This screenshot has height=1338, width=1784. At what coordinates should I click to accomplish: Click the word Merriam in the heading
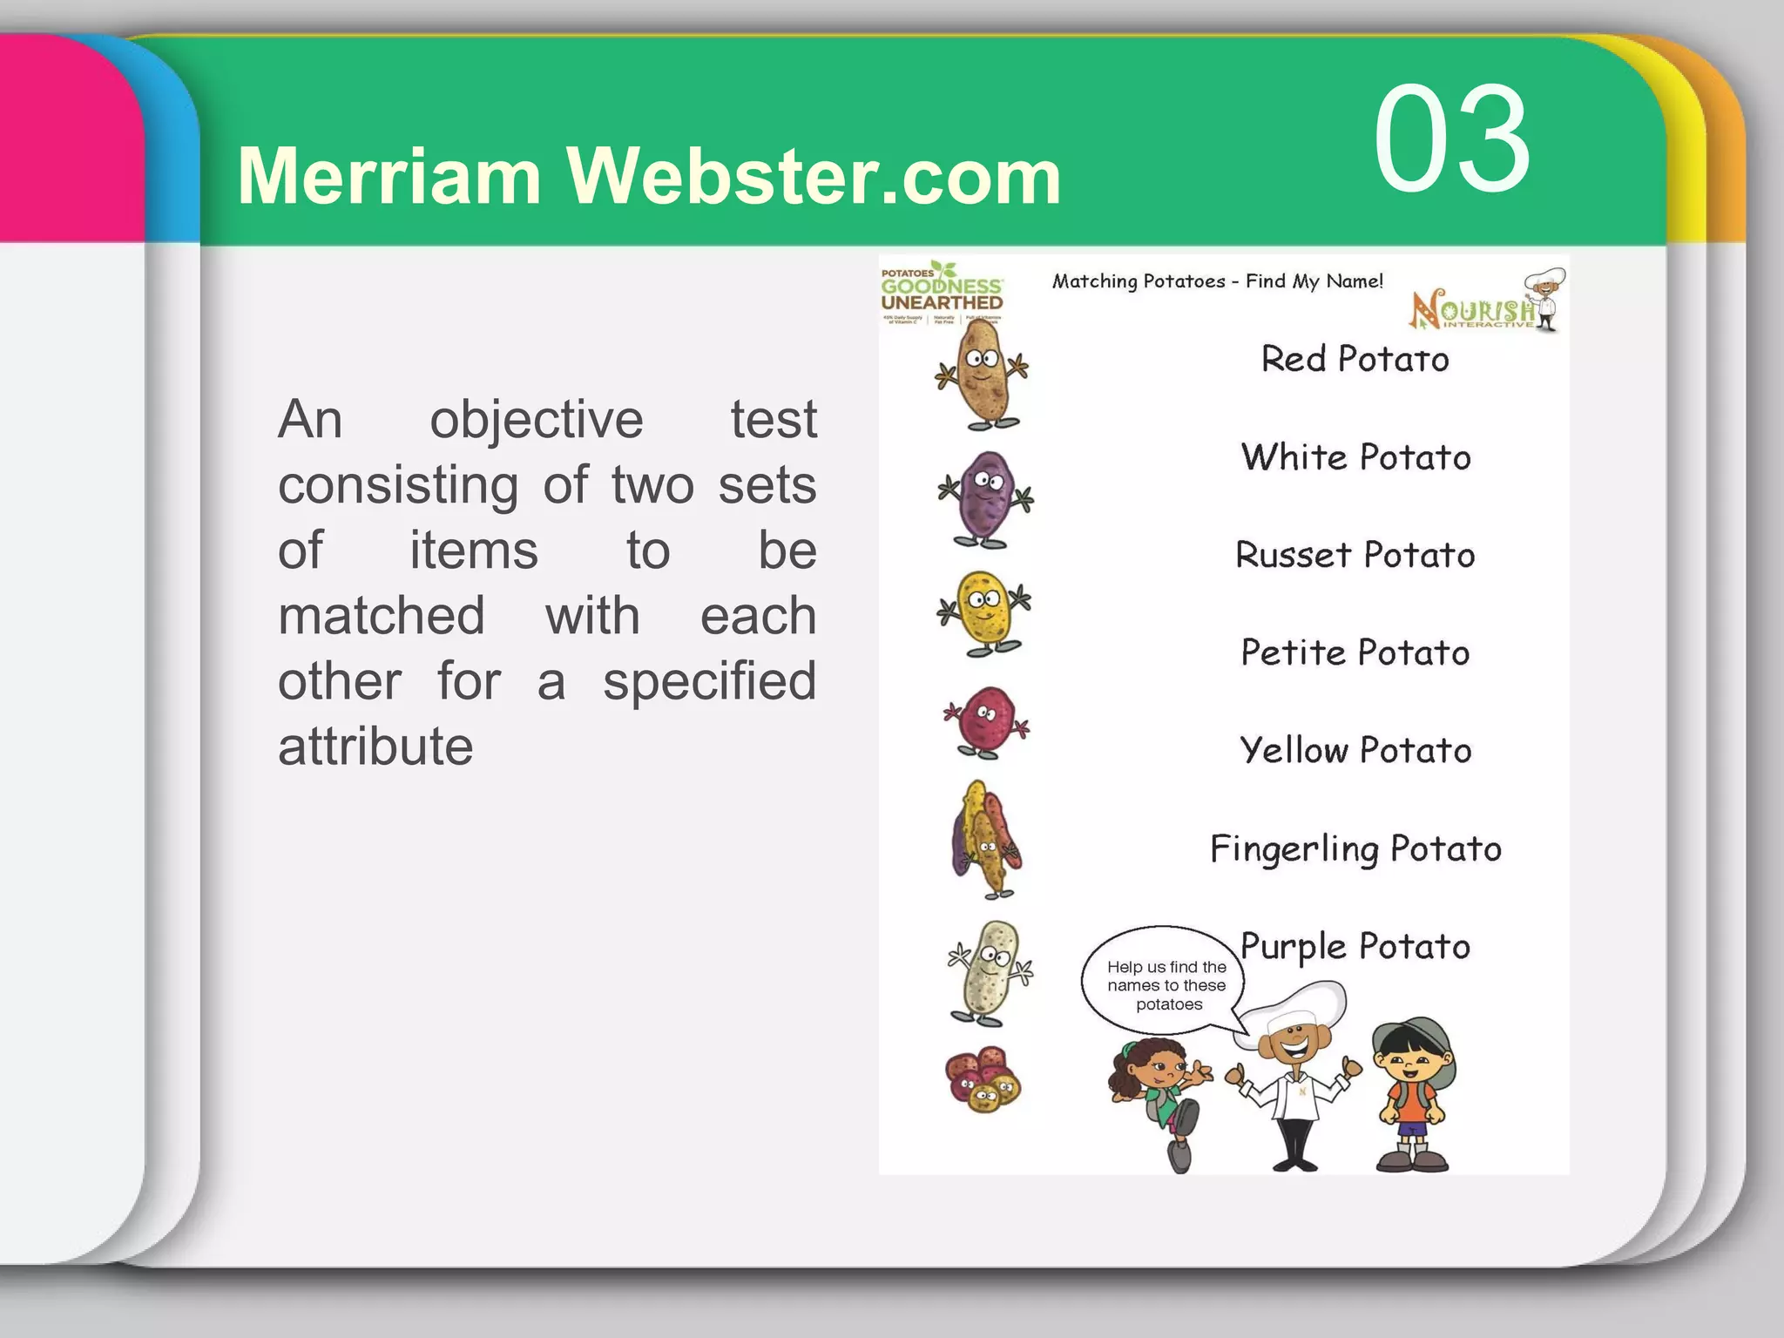click(x=389, y=177)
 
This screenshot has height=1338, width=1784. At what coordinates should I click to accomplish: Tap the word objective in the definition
click(x=536, y=420)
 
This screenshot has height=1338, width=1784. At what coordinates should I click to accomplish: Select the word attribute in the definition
click(x=375, y=747)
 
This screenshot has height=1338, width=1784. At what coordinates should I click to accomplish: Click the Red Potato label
click(x=1355, y=359)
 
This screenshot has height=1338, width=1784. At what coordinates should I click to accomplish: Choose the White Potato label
click(x=1355, y=457)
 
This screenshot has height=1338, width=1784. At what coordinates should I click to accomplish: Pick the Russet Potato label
click(x=1355, y=555)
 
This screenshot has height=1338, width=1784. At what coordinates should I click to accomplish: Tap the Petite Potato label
click(x=1355, y=652)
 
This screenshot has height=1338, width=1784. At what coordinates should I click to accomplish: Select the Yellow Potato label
click(x=1355, y=750)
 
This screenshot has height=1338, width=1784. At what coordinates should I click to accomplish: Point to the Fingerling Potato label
click(x=1355, y=848)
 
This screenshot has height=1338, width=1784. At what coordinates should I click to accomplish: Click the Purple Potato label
click(x=1355, y=946)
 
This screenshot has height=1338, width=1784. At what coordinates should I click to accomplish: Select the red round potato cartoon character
click(x=986, y=720)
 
